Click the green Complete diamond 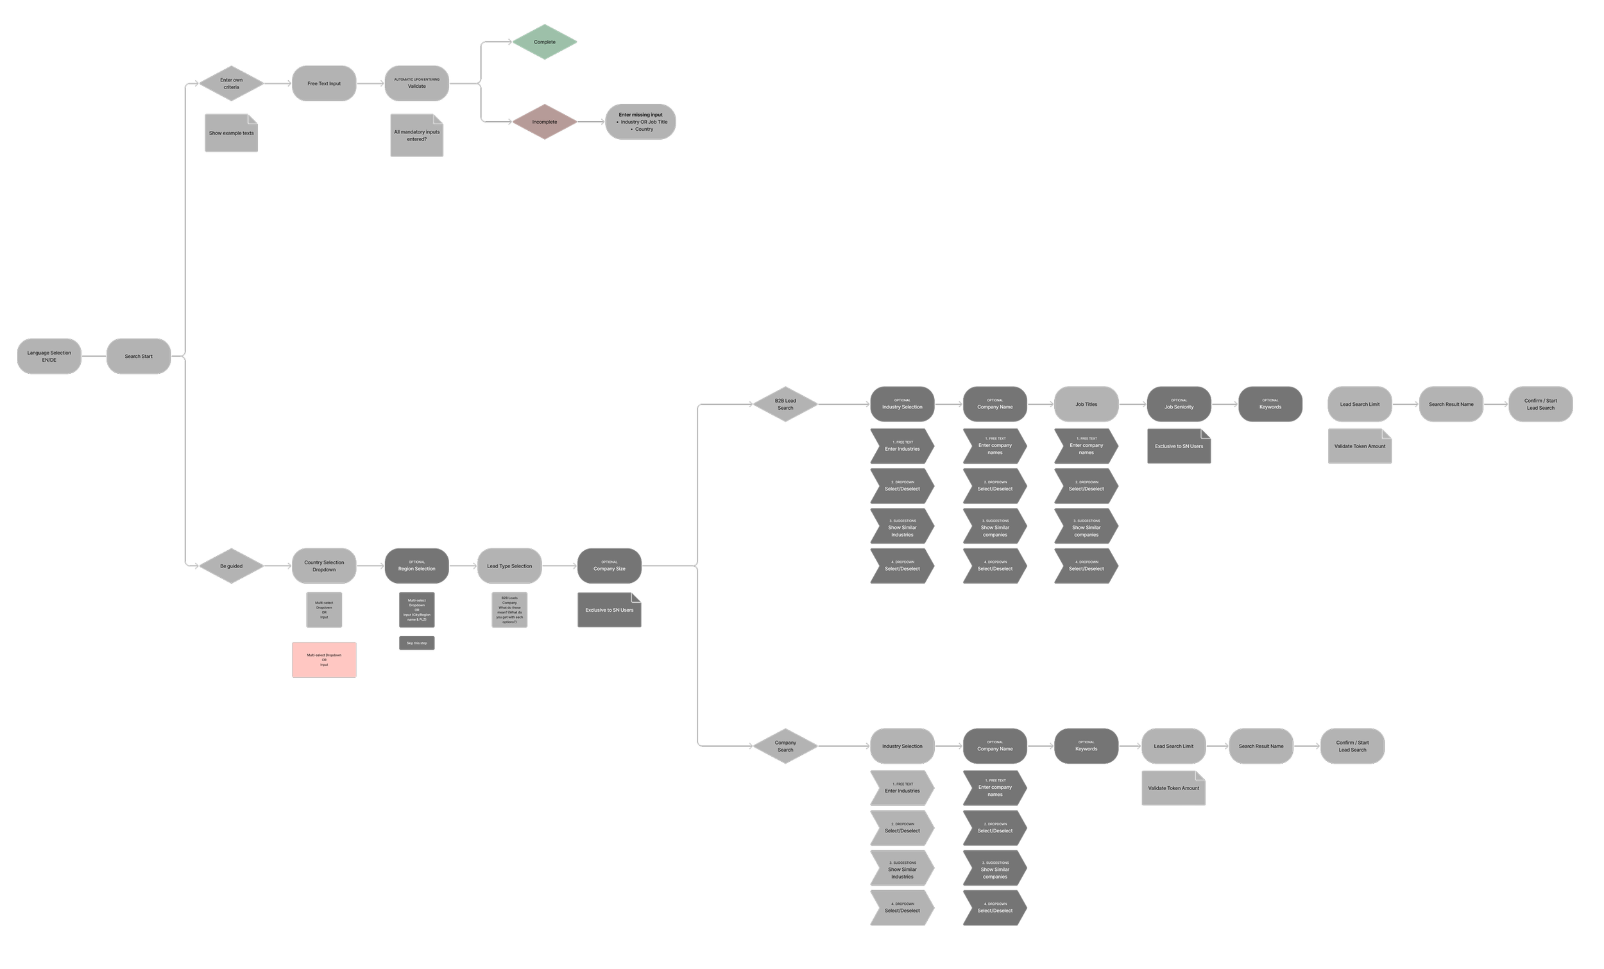pyautogui.click(x=544, y=42)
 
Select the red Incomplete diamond pyautogui.click(x=544, y=122)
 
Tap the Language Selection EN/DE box pyautogui.click(x=49, y=356)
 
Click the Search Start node pyautogui.click(x=139, y=356)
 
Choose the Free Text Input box pyautogui.click(x=323, y=83)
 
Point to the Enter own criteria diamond pyautogui.click(x=231, y=83)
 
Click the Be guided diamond pyautogui.click(x=231, y=566)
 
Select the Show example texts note pyautogui.click(x=231, y=133)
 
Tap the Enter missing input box pyautogui.click(x=640, y=122)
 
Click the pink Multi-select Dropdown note pyautogui.click(x=323, y=660)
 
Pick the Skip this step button pyautogui.click(x=416, y=643)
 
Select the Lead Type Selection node pyautogui.click(x=509, y=566)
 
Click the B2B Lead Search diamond pyautogui.click(x=785, y=404)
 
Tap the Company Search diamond pyautogui.click(x=785, y=746)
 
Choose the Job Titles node pyautogui.click(x=1086, y=404)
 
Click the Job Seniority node pyautogui.click(x=1179, y=404)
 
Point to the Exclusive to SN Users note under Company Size pyautogui.click(x=609, y=611)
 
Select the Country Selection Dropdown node pyautogui.click(x=323, y=566)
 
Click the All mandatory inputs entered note pyautogui.click(x=416, y=135)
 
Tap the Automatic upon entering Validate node pyautogui.click(x=416, y=83)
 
